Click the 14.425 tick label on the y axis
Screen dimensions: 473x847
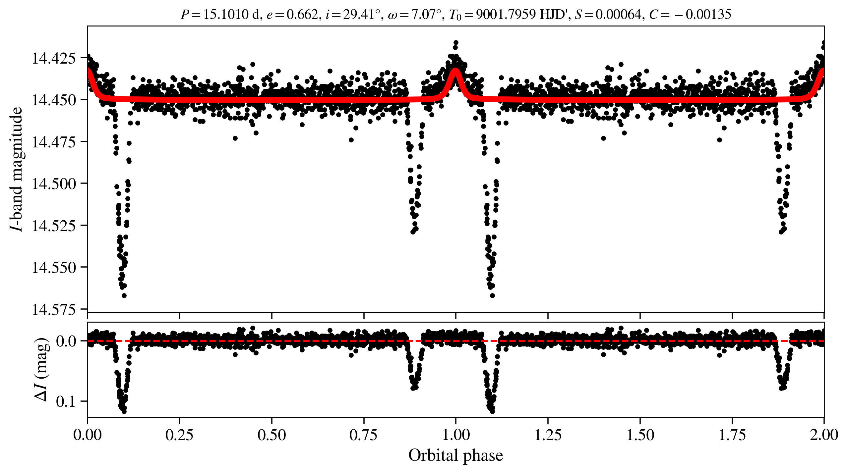53,58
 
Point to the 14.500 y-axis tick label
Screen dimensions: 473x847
53,184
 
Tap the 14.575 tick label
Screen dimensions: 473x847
53,309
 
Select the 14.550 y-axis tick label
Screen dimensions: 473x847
53,267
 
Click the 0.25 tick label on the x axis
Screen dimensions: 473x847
179,435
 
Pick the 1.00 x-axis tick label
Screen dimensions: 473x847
456,435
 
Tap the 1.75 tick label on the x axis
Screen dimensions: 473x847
732,435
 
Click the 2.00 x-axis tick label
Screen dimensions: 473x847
824,435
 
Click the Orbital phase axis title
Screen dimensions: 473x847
455,455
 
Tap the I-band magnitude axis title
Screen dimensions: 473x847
17,169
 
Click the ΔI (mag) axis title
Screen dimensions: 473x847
42,369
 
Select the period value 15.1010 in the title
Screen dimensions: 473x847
225,14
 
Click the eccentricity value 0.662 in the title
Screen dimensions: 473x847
302,14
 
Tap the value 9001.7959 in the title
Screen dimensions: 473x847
506,14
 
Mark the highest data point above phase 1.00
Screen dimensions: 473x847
456,42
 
